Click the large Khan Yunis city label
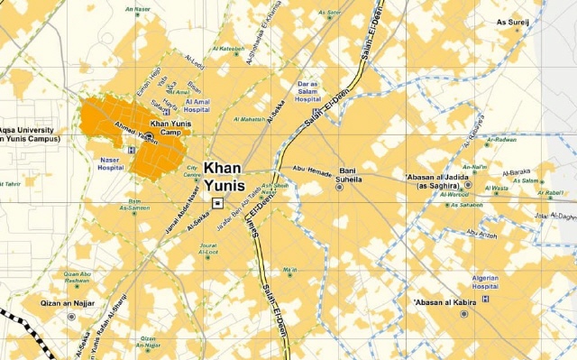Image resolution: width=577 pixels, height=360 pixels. coord(224,177)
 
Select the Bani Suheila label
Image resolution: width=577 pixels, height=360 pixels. coord(349,174)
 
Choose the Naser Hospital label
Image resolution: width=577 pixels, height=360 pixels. coord(110,162)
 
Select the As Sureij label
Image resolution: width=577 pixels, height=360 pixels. coord(513,22)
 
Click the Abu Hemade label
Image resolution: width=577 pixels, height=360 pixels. coord(312,168)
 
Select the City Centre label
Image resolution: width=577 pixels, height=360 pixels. coord(192,171)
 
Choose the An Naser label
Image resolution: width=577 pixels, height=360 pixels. coord(138,11)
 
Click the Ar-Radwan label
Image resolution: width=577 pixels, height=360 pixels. coord(502,140)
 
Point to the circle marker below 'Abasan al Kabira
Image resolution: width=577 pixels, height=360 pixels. coord(464,314)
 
